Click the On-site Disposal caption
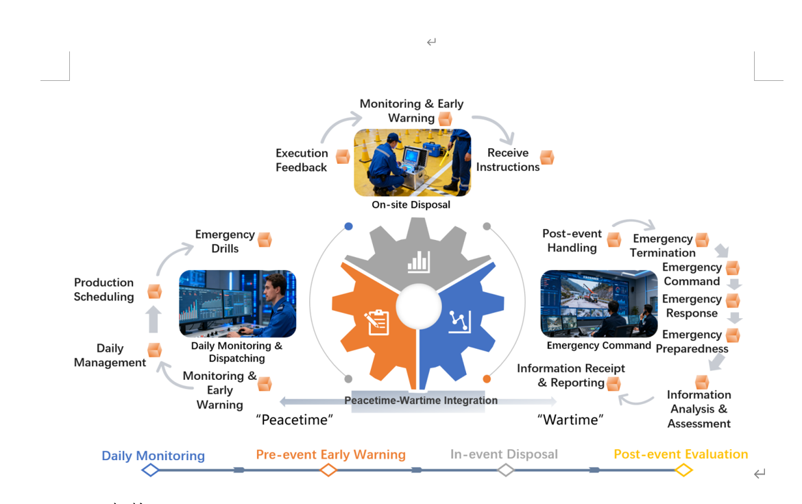411,204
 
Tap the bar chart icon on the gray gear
418,261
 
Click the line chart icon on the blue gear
459,321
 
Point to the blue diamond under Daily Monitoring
150,470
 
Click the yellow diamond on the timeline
683,470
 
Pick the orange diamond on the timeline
328,470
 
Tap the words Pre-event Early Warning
330,455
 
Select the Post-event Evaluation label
681,454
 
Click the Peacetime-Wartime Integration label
421,400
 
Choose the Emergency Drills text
225,241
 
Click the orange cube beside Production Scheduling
155,291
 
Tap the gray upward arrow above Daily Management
154,320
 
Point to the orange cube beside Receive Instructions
546,158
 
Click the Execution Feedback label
302,160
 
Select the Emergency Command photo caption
598,346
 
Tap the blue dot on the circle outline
348,226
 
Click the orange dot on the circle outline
487,379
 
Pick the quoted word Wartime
570,420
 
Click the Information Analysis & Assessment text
698,409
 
